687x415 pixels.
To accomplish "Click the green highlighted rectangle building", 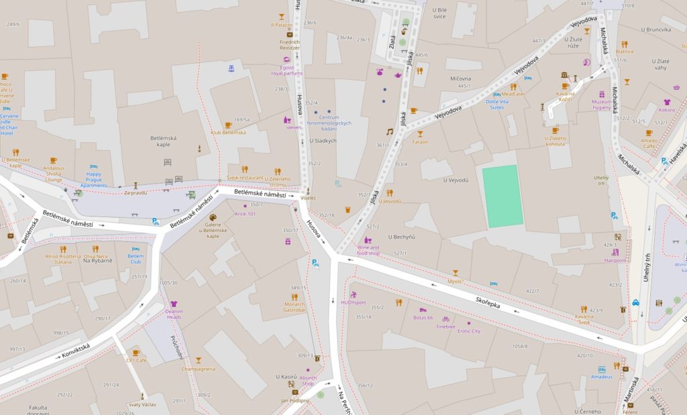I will point(503,196).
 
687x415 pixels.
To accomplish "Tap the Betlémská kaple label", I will point(164,141).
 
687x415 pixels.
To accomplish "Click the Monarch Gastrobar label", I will point(294,307).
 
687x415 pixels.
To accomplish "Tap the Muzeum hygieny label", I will point(602,105).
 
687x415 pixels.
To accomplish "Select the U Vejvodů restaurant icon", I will point(389,192).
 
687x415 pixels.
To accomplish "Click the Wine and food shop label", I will point(369,250).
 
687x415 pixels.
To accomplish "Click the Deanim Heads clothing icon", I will point(174,304).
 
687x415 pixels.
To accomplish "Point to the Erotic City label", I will point(468,331).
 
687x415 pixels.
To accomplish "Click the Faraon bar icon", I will point(420,134).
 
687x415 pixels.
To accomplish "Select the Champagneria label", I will point(198,369).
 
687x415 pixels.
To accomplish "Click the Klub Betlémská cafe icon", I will point(228,125).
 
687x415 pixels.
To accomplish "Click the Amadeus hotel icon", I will point(602,369).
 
